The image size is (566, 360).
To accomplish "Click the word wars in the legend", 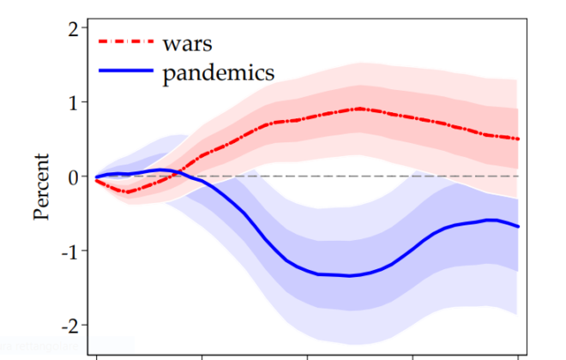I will pyautogui.click(x=188, y=42).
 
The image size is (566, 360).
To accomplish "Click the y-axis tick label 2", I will pyautogui.click(x=72, y=28).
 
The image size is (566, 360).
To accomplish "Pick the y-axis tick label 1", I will pyautogui.click(x=72, y=102).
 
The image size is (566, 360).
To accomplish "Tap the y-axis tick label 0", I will pyautogui.click(x=72, y=177).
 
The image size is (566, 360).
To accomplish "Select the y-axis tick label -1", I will pyautogui.click(x=69, y=251).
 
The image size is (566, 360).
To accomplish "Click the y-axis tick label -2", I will pyautogui.click(x=69, y=326).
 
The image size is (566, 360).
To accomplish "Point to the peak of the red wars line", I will pyautogui.click(x=359, y=109).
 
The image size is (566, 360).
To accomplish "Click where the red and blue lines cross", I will pyautogui.click(x=178, y=172).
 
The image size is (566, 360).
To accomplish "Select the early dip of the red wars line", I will pyautogui.click(x=128, y=192).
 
